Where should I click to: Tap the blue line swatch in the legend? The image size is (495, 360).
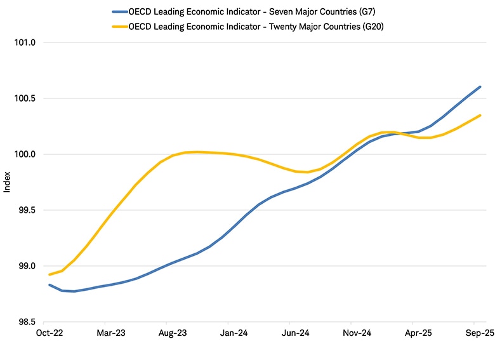click(x=119, y=11)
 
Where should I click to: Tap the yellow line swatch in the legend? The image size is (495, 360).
click(x=119, y=26)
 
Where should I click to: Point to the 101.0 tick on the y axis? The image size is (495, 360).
click(x=24, y=43)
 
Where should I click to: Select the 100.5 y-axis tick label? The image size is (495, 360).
click(x=24, y=98)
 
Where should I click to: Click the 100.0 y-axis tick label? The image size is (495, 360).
click(x=24, y=154)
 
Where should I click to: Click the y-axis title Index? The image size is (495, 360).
click(x=8, y=182)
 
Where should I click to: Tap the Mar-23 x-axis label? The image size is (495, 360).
click(x=110, y=332)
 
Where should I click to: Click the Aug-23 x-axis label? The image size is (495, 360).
click(x=172, y=332)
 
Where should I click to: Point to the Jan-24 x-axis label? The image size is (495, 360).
click(x=233, y=332)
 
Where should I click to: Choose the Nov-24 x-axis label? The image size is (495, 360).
click(x=356, y=332)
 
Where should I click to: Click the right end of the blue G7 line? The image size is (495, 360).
click(x=480, y=87)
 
